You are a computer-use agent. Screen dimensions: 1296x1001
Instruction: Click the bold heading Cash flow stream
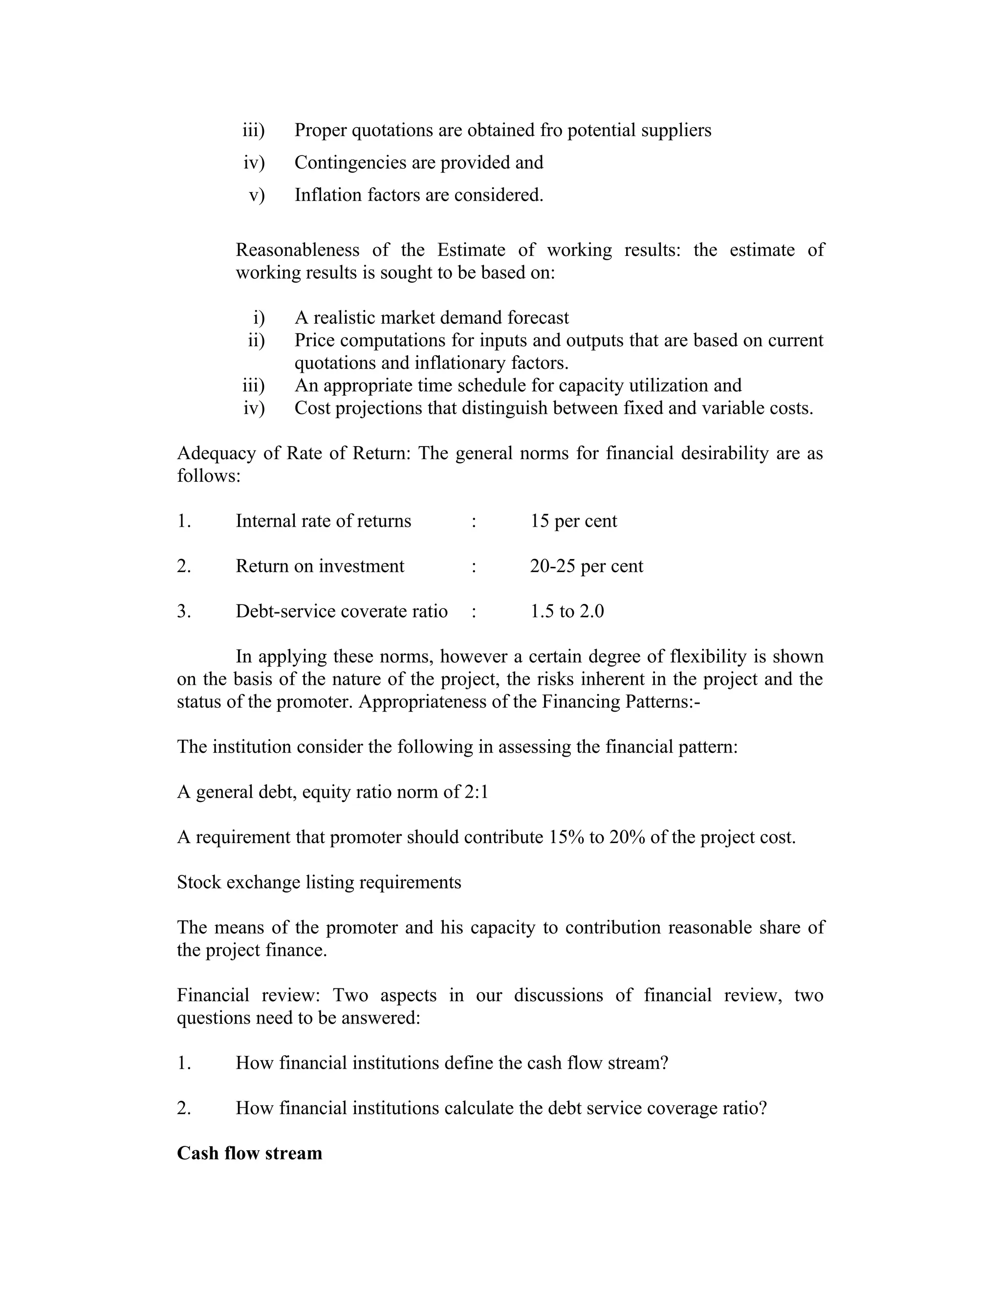tap(249, 1153)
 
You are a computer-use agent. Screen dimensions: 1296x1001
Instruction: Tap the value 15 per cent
tap(573, 521)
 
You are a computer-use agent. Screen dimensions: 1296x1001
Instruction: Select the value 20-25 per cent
tap(586, 566)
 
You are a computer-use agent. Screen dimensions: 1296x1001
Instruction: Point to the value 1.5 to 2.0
tap(567, 611)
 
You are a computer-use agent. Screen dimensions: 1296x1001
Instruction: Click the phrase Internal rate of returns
tap(323, 521)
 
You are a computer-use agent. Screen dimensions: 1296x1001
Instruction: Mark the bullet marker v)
tap(256, 195)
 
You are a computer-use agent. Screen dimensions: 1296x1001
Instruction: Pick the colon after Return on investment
tap(474, 566)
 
